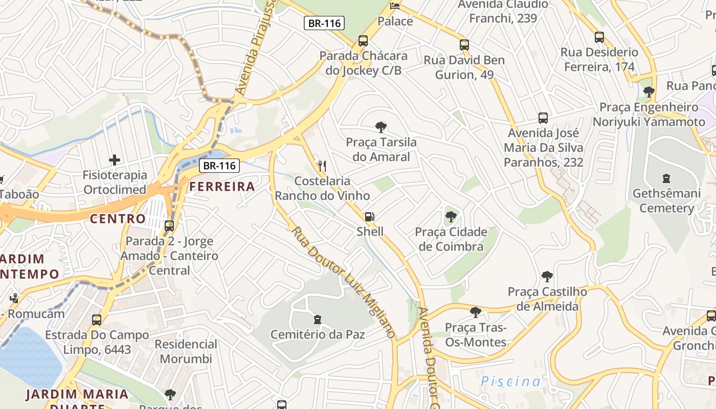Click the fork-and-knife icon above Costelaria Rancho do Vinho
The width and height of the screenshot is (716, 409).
pyautogui.click(x=322, y=166)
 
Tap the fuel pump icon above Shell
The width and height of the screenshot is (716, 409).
pyautogui.click(x=370, y=217)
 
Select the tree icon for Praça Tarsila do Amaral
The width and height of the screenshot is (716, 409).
pyautogui.click(x=381, y=127)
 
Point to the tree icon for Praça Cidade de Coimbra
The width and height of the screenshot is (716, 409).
pyautogui.click(x=451, y=217)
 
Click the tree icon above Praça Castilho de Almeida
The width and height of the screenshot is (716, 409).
pyautogui.click(x=547, y=277)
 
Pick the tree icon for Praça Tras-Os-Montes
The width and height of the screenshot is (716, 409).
pyautogui.click(x=476, y=312)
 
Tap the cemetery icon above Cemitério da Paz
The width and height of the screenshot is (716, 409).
pyautogui.click(x=318, y=320)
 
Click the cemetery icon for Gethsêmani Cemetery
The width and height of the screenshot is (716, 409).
pyautogui.click(x=666, y=178)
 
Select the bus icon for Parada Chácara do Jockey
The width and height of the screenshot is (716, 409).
pyautogui.click(x=363, y=40)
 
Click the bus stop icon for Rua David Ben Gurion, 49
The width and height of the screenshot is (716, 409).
pyautogui.click(x=464, y=44)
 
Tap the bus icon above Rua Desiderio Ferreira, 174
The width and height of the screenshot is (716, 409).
pyautogui.click(x=599, y=37)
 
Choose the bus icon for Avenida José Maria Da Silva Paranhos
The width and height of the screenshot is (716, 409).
pyautogui.click(x=543, y=118)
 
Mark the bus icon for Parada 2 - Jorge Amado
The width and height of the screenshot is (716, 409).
pyautogui.click(x=169, y=225)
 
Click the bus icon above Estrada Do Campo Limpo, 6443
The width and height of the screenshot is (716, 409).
pyautogui.click(x=97, y=320)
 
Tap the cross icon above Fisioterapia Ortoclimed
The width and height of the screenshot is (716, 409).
pyautogui.click(x=115, y=160)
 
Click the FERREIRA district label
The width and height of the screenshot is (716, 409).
pyautogui.click(x=222, y=187)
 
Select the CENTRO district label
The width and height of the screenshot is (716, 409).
pyautogui.click(x=118, y=219)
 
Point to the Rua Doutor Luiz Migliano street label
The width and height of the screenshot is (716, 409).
pyautogui.click(x=343, y=282)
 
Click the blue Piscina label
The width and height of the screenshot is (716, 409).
pyautogui.click(x=510, y=381)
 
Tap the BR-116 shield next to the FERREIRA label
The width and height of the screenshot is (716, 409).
pyautogui.click(x=219, y=166)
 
